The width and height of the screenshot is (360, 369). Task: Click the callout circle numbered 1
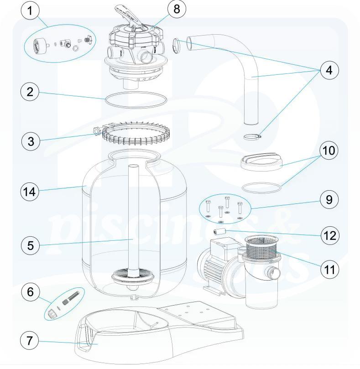[31, 11]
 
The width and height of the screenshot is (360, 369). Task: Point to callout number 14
[31, 192]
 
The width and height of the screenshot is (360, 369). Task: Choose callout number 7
[31, 340]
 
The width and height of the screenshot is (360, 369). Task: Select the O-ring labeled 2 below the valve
[136, 100]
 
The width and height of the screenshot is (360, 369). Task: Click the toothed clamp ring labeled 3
[129, 135]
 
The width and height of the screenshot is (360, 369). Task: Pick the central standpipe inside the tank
[133, 219]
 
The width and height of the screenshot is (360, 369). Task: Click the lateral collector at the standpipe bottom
[133, 278]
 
